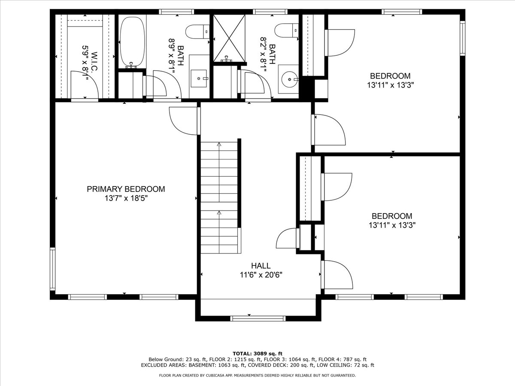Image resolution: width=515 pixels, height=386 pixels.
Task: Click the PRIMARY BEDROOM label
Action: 126,189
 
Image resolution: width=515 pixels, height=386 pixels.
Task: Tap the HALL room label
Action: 261,265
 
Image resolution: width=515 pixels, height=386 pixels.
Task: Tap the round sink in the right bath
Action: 290,79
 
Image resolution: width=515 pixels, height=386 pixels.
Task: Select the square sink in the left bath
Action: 199,78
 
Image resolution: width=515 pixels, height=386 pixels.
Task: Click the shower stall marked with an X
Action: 229,38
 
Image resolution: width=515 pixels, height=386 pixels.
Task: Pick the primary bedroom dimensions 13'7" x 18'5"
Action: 126,199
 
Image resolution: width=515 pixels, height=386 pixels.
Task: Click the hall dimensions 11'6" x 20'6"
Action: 261,274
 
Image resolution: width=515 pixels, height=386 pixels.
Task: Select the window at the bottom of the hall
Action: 258,319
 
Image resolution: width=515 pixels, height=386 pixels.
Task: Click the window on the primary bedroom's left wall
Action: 52,269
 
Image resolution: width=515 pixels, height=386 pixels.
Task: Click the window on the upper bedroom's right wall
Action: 462,38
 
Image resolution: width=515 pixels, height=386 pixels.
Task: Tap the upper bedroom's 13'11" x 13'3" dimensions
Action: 391,85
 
